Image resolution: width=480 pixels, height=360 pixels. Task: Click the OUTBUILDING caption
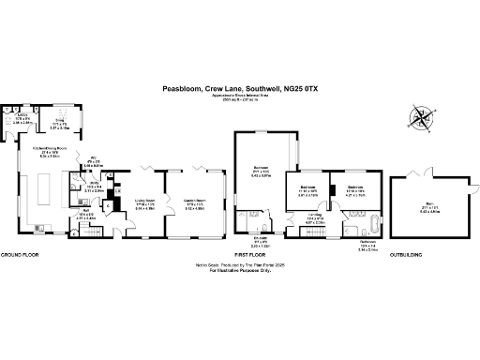[x=405, y=255]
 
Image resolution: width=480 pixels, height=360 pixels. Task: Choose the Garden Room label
[x=194, y=201]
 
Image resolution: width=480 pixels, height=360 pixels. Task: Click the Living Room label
[x=143, y=201]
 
